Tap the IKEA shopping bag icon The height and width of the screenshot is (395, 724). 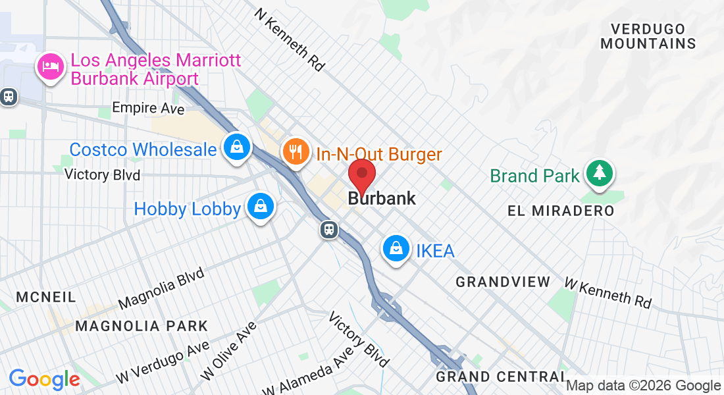396,249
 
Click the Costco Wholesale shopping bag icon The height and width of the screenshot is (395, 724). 235,146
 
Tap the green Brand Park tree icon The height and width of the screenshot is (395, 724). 599,173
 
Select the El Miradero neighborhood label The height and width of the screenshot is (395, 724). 561,211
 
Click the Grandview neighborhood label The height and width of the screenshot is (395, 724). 503,282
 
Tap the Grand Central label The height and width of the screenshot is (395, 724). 500,377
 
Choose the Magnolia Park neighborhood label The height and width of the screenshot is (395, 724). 142,326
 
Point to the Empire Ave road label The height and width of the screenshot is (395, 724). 148,108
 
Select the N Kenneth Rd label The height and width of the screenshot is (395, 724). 291,39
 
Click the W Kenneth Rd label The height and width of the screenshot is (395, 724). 608,292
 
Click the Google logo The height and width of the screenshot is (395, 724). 44,379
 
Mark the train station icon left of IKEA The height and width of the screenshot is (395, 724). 329,230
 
